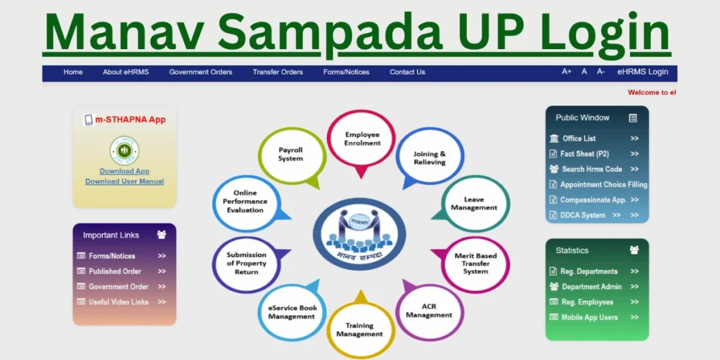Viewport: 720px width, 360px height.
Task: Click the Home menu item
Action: click(73, 72)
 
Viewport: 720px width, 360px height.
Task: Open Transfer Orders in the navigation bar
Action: click(278, 72)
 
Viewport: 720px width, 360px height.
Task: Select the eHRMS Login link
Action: click(643, 72)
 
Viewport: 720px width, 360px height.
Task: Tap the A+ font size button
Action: click(567, 72)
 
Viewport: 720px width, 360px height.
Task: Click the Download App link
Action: click(124, 172)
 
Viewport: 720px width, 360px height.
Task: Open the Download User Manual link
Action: click(124, 181)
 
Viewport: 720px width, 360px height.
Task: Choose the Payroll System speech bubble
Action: click(291, 155)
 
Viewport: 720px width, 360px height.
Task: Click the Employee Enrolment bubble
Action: click(362, 139)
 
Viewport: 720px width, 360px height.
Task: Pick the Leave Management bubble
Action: click(474, 204)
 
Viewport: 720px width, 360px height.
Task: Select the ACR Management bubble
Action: click(430, 311)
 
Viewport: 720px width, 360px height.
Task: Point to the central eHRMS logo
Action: click(359, 232)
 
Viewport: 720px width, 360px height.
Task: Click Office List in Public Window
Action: click(579, 139)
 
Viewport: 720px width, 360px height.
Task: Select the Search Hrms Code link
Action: click(591, 169)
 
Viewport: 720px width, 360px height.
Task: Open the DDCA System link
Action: click(583, 215)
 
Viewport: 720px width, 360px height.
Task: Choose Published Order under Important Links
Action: click(115, 271)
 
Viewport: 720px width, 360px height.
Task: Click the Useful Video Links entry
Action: click(118, 302)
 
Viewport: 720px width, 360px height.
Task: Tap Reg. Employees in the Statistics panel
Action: click(586, 302)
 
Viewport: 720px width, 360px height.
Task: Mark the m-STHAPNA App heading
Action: click(131, 120)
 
